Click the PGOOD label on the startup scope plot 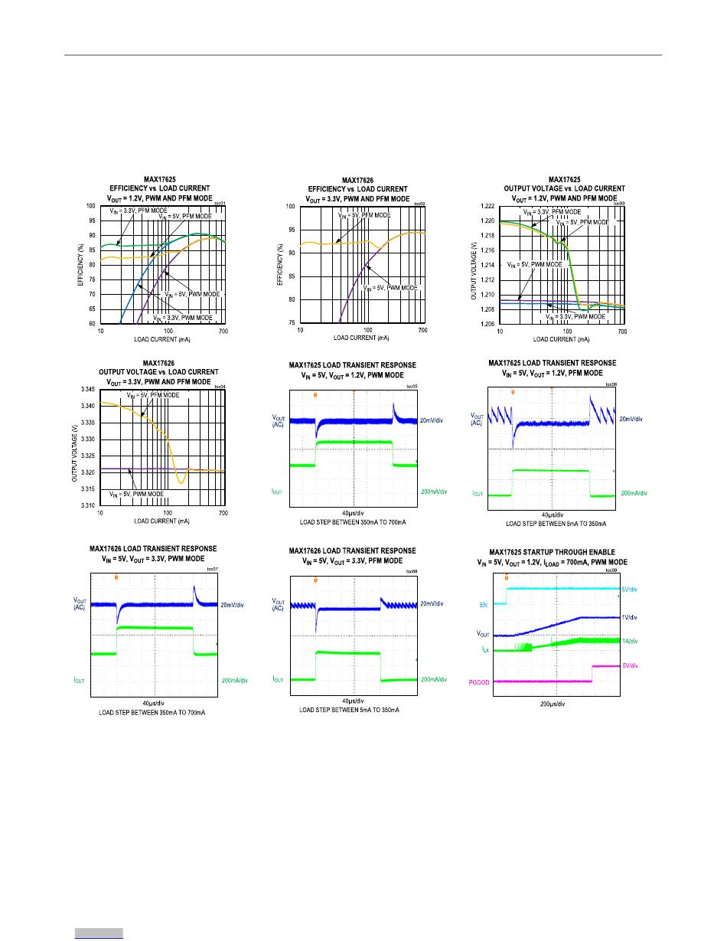[x=478, y=681]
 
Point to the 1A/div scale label [x=630, y=641]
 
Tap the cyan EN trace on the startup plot [x=559, y=589]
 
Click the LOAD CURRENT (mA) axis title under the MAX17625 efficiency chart [x=161, y=338]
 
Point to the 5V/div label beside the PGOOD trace [x=631, y=666]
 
